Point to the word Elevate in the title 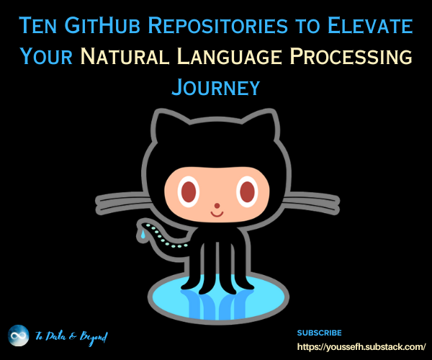click(x=372, y=27)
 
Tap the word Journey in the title click(x=215, y=87)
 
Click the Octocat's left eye click(x=189, y=191)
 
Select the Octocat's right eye click(x=247, y=191)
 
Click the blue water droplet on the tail click(x=144, y=234)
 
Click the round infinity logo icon click(x=19, y=336)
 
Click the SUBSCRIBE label click(x=319, y=333)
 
